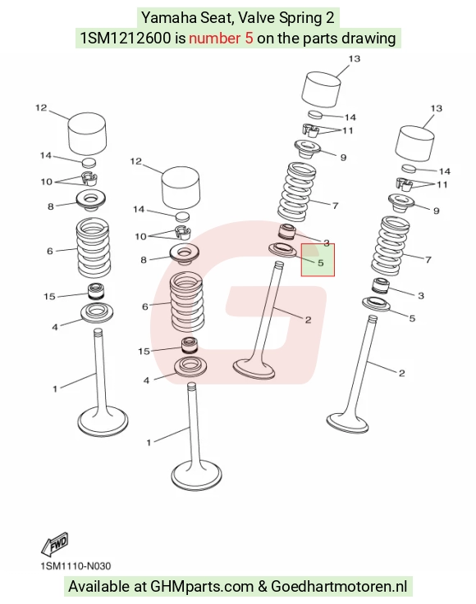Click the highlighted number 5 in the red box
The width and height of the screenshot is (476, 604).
pyautogui.click(x=321, y=263)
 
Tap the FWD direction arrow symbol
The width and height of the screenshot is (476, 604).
pyautogui.click(x=55, y=543)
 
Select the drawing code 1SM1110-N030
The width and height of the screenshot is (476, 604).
pyautogui.click(x=76, y=565)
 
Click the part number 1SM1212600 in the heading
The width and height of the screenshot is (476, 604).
pyautogui.click(x=125, y=39)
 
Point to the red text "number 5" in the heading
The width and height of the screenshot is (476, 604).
pyautogui.click(x=221, y=39)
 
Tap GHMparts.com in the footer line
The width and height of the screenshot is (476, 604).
pyautogui.click(x=202, y=586)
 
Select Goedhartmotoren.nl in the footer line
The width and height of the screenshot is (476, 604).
pyautogui.click(x=339, y=586)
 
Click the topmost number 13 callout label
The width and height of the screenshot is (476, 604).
pyautogui.click(x=354, y=58)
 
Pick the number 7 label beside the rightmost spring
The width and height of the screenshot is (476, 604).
pyautogui.click(x=428, y=260)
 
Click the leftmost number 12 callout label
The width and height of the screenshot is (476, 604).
pyautogui.click(x=41, y=108)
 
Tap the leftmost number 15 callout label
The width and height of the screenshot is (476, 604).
pyautogui.click(x=49, y=296)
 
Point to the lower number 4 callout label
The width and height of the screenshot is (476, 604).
pyautogui.click(x=146, y=380)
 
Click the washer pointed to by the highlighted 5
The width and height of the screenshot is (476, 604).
pyautogui.click(x=282, y=250)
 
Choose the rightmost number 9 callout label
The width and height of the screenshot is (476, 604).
pyautogui.click(x=437, y=211)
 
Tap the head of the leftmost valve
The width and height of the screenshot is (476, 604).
pyautogui.click(x=103, y=422)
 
